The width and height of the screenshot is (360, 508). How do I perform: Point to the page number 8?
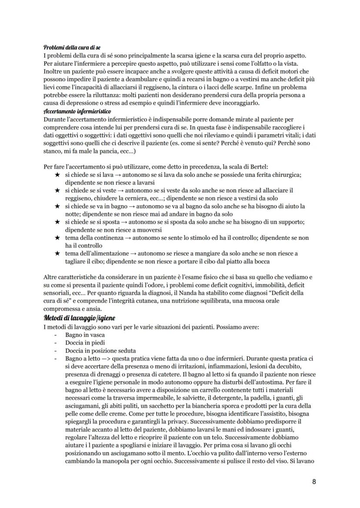click(x=315, y=481)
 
